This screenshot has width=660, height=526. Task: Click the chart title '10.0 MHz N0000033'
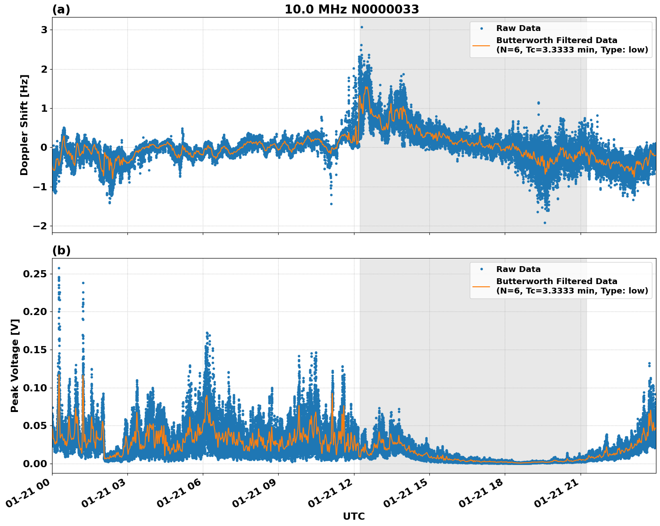click(x=352, y=9)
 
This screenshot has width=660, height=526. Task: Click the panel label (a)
click(x=61, y=9)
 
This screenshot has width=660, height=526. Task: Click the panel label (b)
click(x=61, y=250)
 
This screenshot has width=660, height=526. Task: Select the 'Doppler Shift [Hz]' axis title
click(x=24, y=125)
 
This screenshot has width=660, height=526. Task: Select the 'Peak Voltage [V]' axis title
click(x=15, y=375)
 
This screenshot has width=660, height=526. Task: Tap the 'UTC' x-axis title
click(x=354, y=516)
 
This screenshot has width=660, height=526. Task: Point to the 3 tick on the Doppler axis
click(x=44, y=30)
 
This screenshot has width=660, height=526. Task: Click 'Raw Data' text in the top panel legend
click(x=518, y=29)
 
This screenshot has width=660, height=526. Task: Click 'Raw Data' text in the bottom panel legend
click(x=518, y=269)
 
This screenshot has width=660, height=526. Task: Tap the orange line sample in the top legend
click(x=481, y=45)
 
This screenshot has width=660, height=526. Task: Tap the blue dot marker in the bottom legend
click(x=481, y=269)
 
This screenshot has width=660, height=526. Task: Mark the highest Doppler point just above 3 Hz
click(x=362, y=27)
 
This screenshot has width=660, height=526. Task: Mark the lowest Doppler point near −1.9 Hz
click(x=545, y=223)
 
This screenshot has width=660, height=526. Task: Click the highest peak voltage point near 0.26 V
click(x=59, y=268)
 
